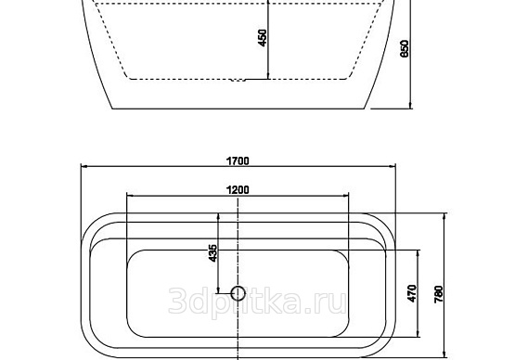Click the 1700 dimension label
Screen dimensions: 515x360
pos(238,161)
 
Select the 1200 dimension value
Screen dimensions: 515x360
pos(238,190)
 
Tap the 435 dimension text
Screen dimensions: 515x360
pos(212,253)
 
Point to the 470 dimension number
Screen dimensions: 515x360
pos(412,293)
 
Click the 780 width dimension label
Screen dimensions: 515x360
pos(439,294)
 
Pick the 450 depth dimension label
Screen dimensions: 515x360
pos(263,38)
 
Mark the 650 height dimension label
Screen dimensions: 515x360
pos(405,48)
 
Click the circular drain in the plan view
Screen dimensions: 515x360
pos(238,293)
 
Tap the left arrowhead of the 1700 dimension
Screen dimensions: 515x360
pos(84,166)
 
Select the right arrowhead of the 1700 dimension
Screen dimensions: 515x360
pos(393,166)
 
